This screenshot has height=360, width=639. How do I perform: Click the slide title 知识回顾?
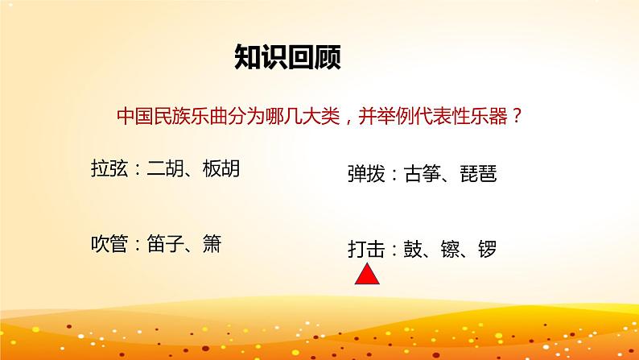287,57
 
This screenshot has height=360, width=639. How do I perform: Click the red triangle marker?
368,275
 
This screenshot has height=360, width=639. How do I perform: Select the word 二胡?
166,170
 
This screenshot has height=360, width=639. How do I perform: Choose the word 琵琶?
476,174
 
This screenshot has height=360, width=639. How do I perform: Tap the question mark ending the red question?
516,117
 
